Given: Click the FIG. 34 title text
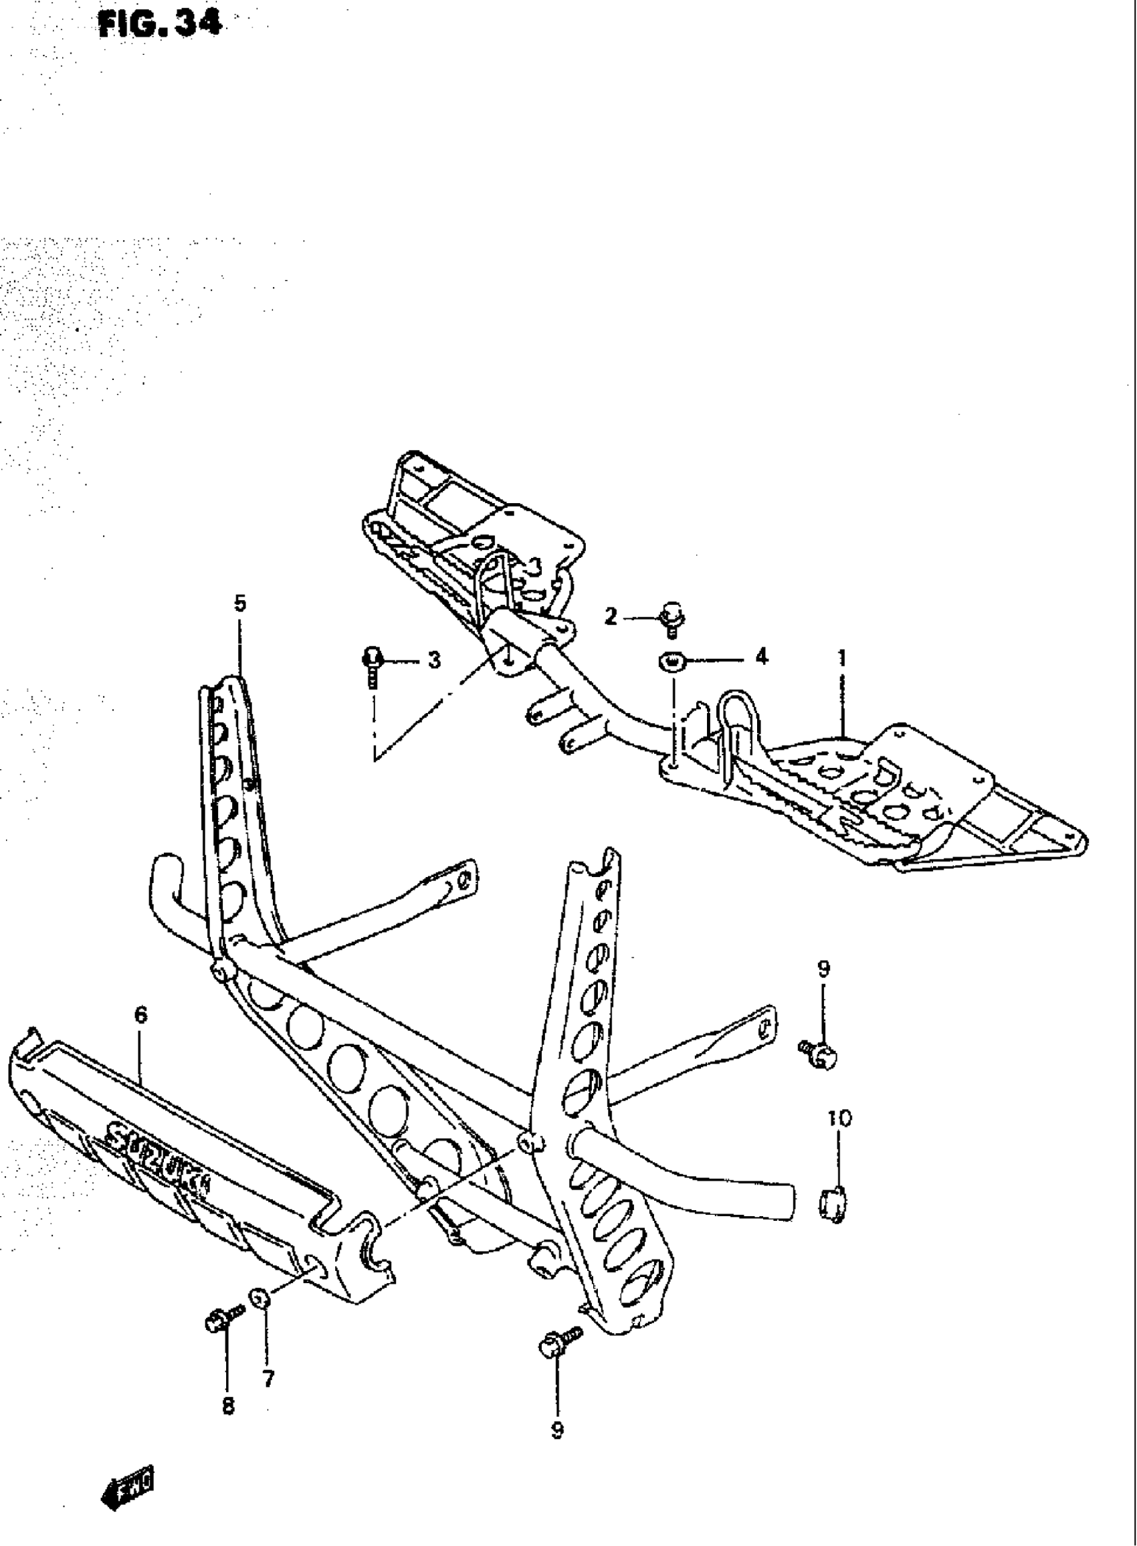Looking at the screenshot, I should (161, 25).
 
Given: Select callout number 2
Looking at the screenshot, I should (611, 616).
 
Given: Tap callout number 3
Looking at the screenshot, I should (433, 660).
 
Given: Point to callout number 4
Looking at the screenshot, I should (761, 658).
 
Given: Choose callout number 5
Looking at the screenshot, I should (239, 603).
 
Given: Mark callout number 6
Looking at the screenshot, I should (141, 1014).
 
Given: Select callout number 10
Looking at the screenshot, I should (839, 1119).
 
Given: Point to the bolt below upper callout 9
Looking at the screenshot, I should (819, 1054).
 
